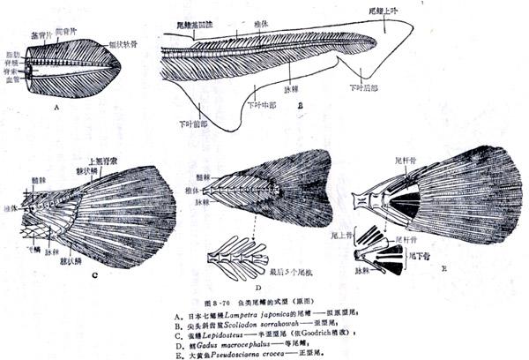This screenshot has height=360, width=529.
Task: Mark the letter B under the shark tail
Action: point(301,105)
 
